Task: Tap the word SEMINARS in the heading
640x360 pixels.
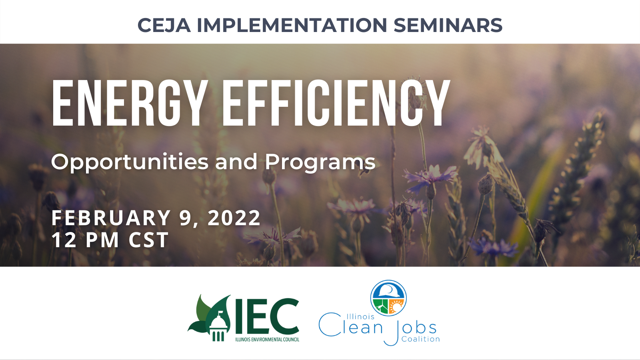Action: [x=448, y=25]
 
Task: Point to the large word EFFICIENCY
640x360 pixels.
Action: [x=336, y=104]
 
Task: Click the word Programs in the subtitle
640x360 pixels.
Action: [x=320, y=162]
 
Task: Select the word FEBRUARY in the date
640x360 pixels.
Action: [x=111, y=218]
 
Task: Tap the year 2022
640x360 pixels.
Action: [x=234, y=218]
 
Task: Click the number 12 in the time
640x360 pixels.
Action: [x=64, y=240]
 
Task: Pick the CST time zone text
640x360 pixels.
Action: [x=148, y=240]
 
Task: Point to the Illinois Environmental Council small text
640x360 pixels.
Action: [x=267, y=340]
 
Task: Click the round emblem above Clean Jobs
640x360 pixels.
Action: [x=388, y=298]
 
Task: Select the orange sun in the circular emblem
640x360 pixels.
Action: [x=396, y=307]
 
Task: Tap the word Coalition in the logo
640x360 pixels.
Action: [x=420, y=339]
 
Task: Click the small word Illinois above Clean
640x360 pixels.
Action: [x=360, y=316]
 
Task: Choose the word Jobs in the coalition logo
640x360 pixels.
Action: [x=412, y=329]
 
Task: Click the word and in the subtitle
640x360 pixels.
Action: [x=236, y=162]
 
